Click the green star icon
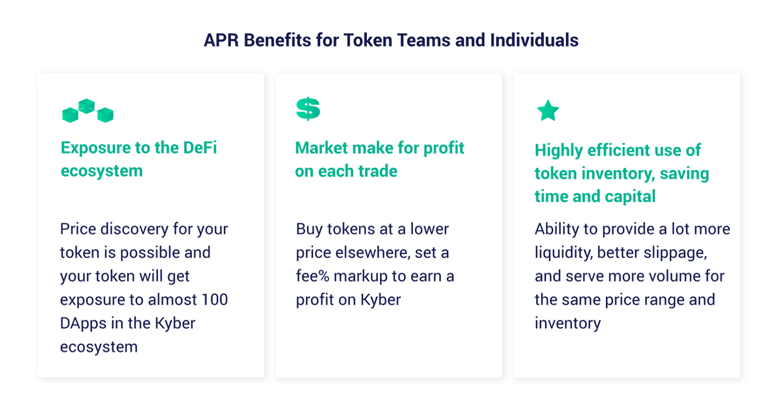(548, 111)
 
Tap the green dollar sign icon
(308, 108)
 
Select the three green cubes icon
(88, 111)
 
